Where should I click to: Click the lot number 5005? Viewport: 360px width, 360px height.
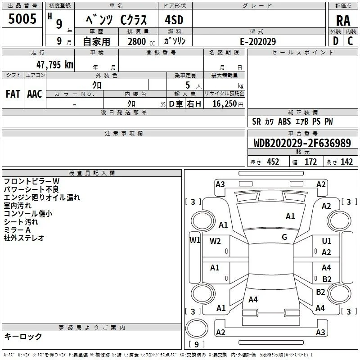[22, 19]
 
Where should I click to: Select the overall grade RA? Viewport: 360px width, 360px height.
[343, 21]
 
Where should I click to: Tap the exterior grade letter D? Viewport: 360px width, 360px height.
[336, 41]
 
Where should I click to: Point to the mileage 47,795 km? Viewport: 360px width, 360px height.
[54, 65]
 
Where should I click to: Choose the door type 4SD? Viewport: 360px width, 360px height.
[174, 20]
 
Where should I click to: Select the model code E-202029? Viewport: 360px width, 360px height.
[258, 41]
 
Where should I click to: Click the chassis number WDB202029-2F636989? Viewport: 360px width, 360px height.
[302, 143]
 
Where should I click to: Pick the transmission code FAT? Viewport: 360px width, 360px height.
[13, 94]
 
